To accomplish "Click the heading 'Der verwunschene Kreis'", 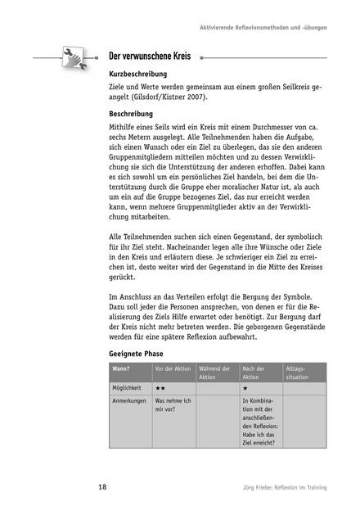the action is point(150,57).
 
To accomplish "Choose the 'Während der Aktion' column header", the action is point(217,373).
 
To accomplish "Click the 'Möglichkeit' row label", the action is point(129,387).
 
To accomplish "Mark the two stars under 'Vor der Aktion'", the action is point(161,387).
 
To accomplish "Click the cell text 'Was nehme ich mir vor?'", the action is point(172,406).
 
